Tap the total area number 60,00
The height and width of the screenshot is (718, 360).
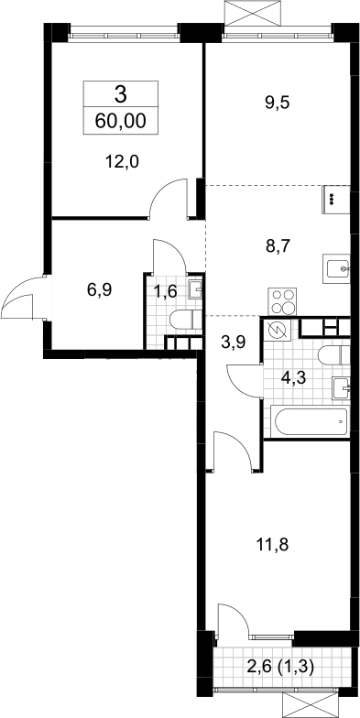(121, 121)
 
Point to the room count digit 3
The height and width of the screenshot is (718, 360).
(121, 95)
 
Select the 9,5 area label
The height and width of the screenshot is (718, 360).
(277, 103)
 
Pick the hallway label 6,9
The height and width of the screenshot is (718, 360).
(99, 289)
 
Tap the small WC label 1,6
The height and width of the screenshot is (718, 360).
(165, 290)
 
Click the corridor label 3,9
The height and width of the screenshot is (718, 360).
(233, 343)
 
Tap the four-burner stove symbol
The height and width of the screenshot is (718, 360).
(282, 301)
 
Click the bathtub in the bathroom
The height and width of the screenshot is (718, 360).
(312, 420)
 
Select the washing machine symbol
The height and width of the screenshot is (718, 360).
(276, 331)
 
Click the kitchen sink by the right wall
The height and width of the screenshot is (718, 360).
(337, 268)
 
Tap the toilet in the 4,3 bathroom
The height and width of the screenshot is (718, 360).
(333, 356)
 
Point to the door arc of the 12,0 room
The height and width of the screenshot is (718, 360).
(167, 196)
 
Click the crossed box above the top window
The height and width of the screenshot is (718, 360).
(252, 13)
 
